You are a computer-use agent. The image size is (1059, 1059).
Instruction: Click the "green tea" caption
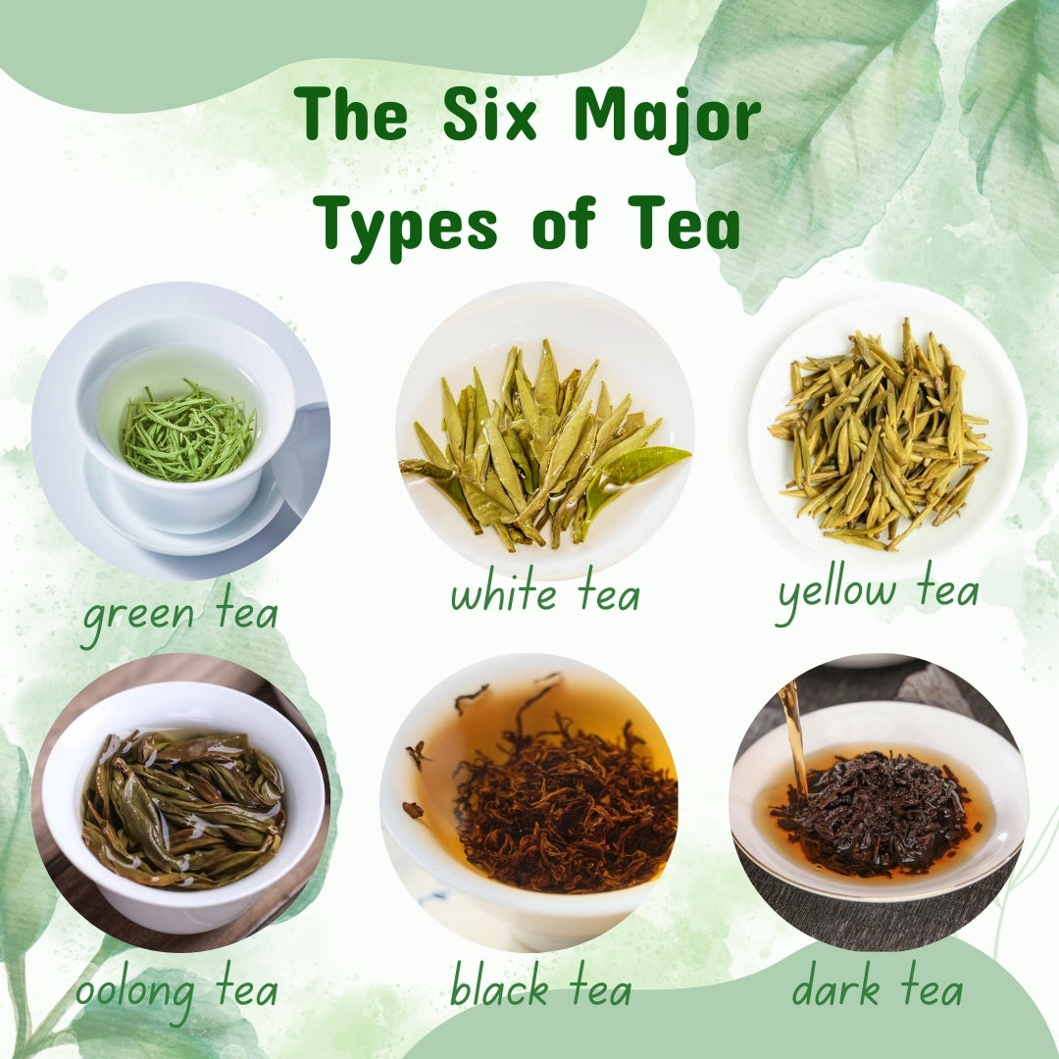point(180,615)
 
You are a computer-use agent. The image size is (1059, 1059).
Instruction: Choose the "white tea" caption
point(545,594)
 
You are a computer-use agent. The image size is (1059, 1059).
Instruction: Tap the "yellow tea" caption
point(878,591)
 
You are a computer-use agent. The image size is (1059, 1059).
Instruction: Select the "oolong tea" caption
point(176,990)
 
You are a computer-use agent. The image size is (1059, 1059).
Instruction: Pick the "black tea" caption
point(540,988)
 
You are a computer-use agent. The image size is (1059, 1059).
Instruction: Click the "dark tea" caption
point(878,988)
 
